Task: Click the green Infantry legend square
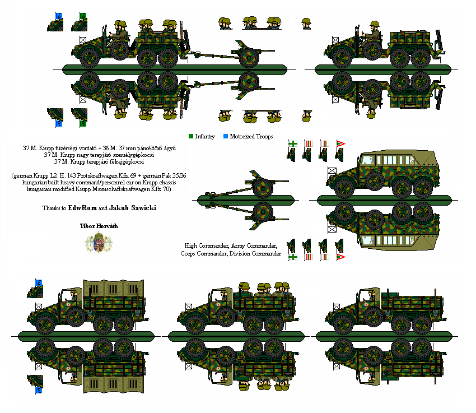pyautogui.click(x=191, y=136)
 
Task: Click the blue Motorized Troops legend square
pyautogui.click(x=226, y=136)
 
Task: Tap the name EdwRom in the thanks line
pyautogui.click(x=82, y=208)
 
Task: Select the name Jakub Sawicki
pyautogui.click(x=133, y=208)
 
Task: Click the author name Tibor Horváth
pyautogui.click(x=99, y=226)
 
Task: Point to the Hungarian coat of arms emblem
pyautogui.click(x=99, y=242)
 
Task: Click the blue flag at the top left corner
pyautogui.click(x=59, y=16)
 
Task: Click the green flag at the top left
pyautogui.click(x=83, y=16)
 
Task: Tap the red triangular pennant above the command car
pyautogui.click(x=340, y=143)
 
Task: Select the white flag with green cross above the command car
pyautogui.click(x=293, y=143)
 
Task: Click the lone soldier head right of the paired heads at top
pyautogui.click(x=306, y=24)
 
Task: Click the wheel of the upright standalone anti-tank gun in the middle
pyautogui.click(x=263, y=188)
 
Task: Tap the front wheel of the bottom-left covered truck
pyautogui.click(x=45, y=324)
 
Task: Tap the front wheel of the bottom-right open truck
pyautogui.click(x=344, y=324)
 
